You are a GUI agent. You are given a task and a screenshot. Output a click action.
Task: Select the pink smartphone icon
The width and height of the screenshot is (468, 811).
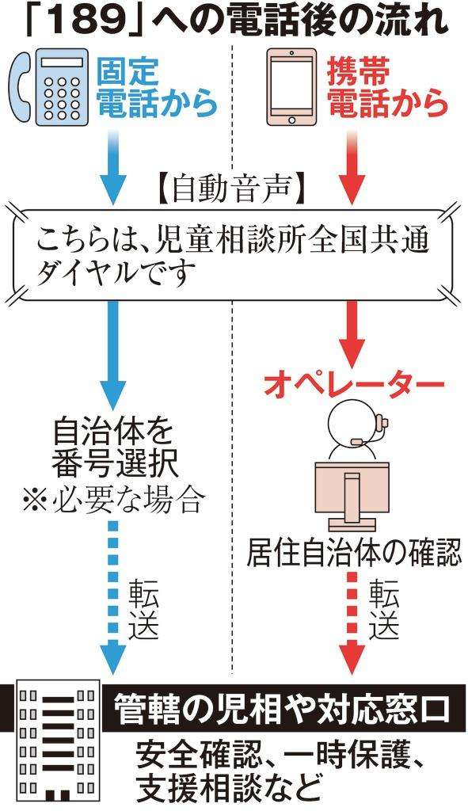coord(291,87)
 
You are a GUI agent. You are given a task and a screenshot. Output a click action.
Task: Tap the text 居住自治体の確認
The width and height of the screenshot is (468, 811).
coord(353,552)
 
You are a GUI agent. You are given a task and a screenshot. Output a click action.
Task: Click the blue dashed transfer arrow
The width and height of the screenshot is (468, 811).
coord(113,597)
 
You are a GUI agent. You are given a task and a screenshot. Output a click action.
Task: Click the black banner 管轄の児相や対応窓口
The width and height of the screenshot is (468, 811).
coord(281,708)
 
